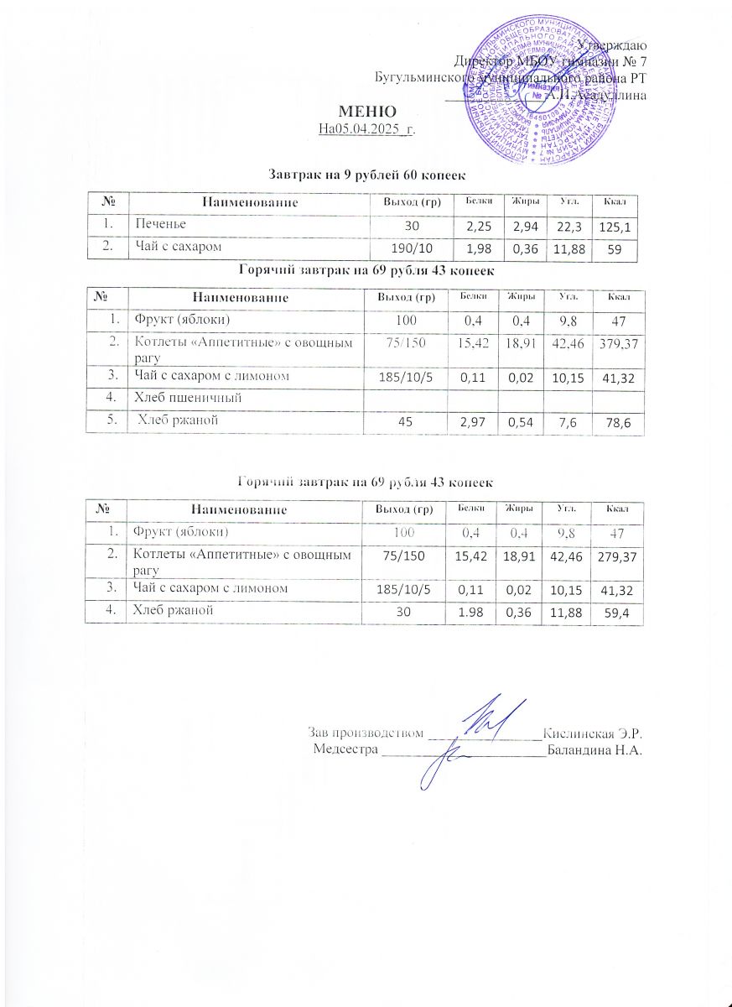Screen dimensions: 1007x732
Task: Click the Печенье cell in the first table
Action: tap(157, 224)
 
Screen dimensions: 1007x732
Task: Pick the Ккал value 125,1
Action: tap(615, 227)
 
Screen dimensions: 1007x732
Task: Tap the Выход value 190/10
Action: tap(406, 249)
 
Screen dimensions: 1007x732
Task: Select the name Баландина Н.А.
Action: tap(594, 749)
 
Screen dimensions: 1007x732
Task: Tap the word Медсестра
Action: tap(345, 749)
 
